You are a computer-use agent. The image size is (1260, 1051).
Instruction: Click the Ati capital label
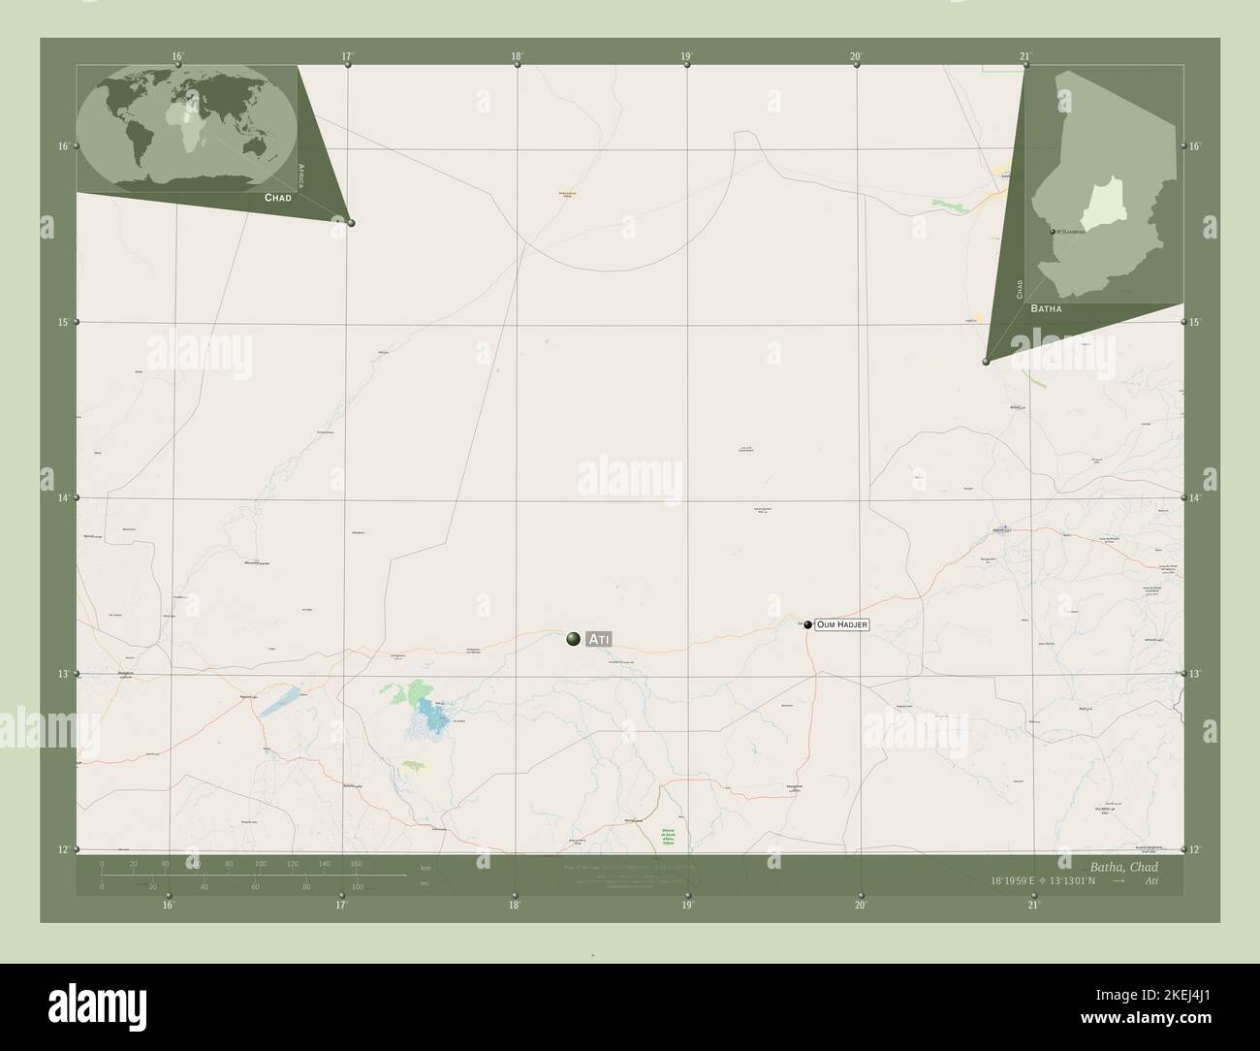599,638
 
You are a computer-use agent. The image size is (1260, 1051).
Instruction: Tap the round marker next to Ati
574,638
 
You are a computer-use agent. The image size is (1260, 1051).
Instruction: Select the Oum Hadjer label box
841,625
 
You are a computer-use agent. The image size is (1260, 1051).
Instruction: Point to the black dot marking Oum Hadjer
806,625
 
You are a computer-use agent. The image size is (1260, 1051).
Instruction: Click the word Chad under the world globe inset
278,197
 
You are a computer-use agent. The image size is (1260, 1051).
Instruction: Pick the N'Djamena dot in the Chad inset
1053,232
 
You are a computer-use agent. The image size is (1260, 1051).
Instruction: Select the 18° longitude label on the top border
517,56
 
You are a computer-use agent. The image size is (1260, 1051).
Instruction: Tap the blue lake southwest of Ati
433,718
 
